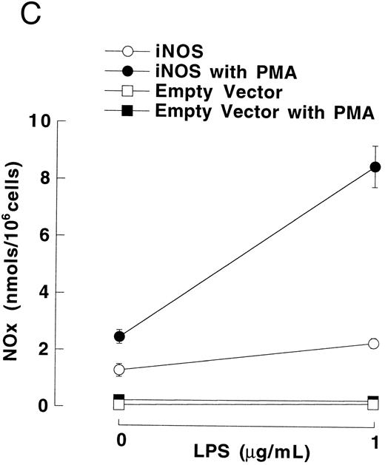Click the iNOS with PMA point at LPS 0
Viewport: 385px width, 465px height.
click(x=118, y=336)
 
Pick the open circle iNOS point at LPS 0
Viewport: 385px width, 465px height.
click(x=118, y=369)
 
